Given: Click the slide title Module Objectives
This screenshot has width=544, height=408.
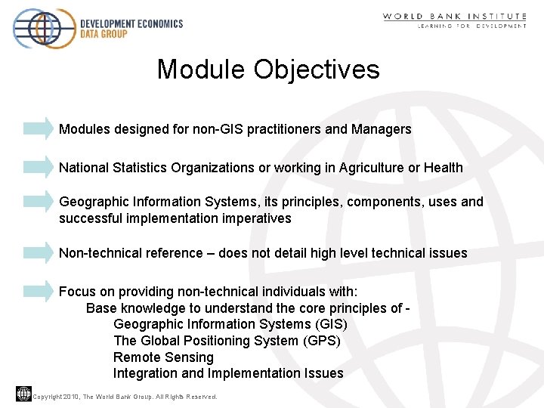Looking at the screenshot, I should tap(268, 70).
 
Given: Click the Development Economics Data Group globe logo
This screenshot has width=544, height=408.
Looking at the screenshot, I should tap(44, 28).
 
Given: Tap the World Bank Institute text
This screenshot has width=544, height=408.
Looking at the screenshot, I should tap(454, 16).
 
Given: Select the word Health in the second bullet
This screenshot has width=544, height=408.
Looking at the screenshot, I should tap(443, 168).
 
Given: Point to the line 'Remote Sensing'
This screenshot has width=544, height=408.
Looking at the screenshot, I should tap(163, 357).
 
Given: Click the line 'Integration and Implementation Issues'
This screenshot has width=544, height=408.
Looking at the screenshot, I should tap(228, 373).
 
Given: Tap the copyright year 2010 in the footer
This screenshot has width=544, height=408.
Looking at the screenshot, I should tap(71, 397).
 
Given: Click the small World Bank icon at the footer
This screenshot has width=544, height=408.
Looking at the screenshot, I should tap(23, 394).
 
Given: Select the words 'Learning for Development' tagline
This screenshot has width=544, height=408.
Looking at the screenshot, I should tap(472, 26).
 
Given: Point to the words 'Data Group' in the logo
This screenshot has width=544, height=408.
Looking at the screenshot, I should tap(104, 33).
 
